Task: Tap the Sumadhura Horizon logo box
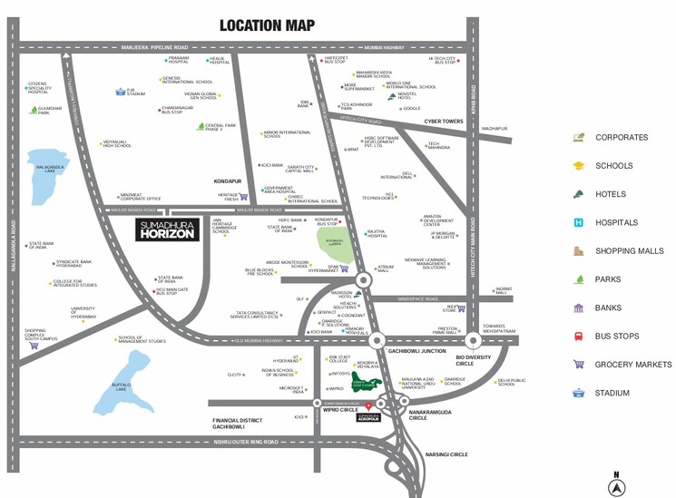coord(166,230)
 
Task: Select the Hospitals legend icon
coord(578,222)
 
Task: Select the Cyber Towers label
coord(444,121)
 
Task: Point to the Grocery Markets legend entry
coord(633,365)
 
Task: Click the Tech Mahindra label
coord(439,146)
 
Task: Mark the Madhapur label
coord(495,129)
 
